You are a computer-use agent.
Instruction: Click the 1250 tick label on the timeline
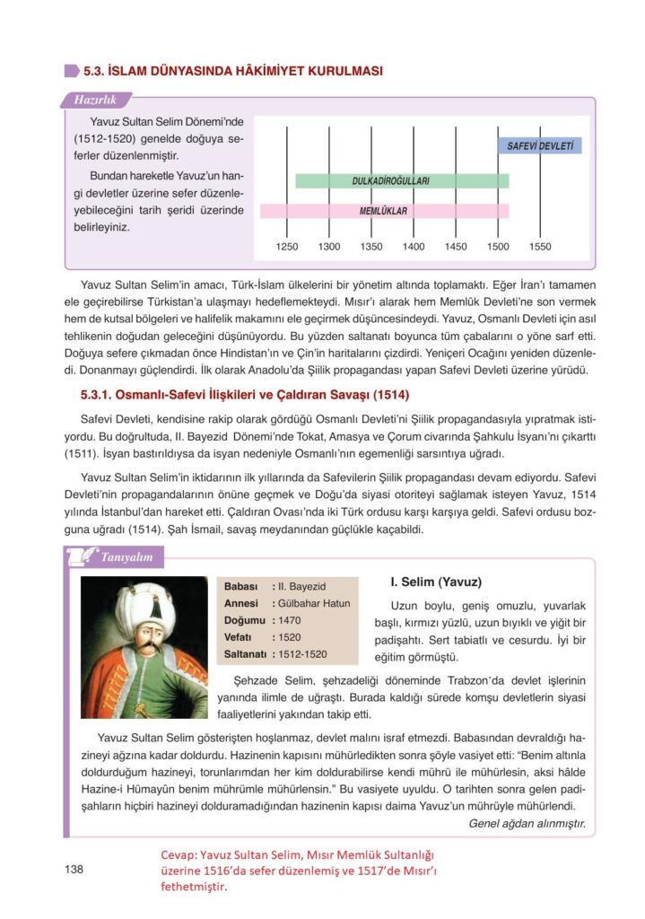pyautogui.click(x=287, y=246)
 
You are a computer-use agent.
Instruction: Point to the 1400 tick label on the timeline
pyautogui.click(x=414, y=246)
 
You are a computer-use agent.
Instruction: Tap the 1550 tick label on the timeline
pyautogui.click(x=540, y=246)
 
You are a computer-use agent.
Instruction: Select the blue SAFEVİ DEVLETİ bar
pyautogui.click(x=539, y=145)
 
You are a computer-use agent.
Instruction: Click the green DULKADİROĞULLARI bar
pyautogui.click(x=402, y=180)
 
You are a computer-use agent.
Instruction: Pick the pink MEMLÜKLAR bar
pyautogui.click(x=384, y=211)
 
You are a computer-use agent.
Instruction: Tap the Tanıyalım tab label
pyautogui.click(x=126, y=557)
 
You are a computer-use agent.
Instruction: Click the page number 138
pyautogui.click(x=74, y=869)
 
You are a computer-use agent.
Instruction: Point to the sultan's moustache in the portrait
pyautogui.click(x=144, y=648)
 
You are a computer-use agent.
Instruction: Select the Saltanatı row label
pyautogui.click(x=244, y=654)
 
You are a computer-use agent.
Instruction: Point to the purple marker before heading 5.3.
pyautogui.click(x=71, y=70)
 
